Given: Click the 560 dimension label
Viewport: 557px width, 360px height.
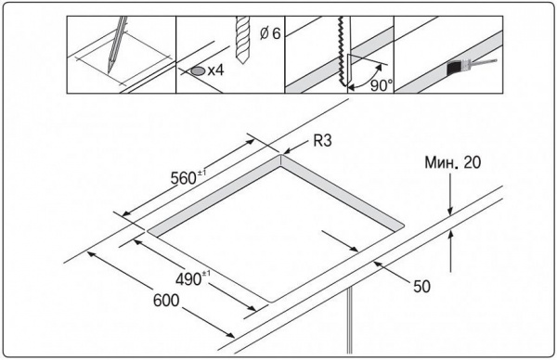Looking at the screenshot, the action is (x=188, y=177).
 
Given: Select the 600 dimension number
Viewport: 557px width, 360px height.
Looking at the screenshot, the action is (x=166, y=301).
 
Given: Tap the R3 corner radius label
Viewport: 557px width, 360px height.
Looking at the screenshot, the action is (x=322, y=141).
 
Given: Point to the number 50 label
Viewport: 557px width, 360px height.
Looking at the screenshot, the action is (x=421, y=286).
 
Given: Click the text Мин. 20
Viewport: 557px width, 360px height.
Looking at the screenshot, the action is (x=453, y=162).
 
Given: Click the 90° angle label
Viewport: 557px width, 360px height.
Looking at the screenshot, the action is (x=382, y=85).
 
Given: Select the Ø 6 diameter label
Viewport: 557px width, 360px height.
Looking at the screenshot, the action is (x=270, y=33).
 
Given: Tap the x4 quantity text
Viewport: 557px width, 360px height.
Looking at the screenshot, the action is (x=215, y=71).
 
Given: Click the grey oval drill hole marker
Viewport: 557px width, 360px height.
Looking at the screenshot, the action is (x=198, y=71).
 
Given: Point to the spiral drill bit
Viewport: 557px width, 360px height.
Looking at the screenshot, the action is (x=241, y=39).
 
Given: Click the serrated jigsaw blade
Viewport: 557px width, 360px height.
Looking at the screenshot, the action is (x=343, y=51).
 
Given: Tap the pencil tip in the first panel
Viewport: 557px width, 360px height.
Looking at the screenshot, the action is (x=109, y=72).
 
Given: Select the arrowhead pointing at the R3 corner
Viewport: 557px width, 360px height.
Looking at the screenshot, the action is (x=286, y=151).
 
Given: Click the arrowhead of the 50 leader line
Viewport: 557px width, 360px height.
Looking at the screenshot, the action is (x=377, y=264).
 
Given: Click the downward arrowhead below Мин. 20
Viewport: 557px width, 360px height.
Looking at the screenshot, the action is (x=450, y=212).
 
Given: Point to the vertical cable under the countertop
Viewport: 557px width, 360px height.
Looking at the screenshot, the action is (x=350, y=320).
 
